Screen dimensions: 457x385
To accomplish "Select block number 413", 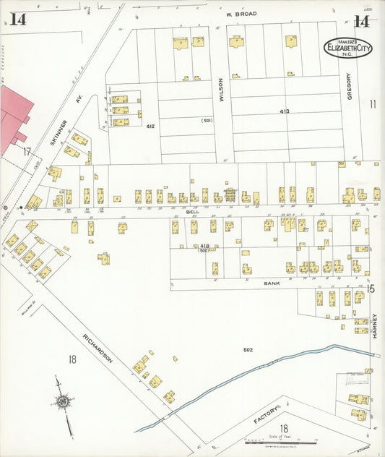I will [x=285, y=111].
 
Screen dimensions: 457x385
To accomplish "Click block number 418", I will [x=204, y=246].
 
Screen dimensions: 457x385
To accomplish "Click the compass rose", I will [x=64, y=403].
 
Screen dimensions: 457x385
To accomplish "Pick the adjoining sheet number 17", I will [x=26, y=152].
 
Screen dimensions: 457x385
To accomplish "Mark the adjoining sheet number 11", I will [x=373, y=104].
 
